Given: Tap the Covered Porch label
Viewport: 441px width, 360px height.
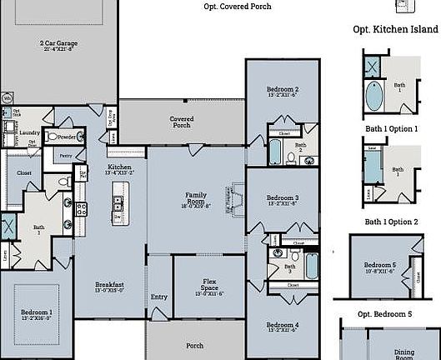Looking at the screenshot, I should click(182, 122).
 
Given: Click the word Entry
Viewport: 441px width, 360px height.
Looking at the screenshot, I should click(158, 297).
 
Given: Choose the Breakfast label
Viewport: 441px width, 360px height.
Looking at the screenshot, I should click(109, 287).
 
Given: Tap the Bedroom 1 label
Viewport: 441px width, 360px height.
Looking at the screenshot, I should click(37, 314).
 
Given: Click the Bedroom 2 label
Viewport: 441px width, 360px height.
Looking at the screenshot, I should click(283, 92).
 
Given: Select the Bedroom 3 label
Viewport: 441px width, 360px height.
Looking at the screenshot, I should click(283, 200).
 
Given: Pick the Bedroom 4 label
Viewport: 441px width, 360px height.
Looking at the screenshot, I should click(283, 327).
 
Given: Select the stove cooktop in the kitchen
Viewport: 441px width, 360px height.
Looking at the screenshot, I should click(82, 209).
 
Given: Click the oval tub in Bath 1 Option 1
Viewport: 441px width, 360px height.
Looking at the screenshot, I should click(375, 97).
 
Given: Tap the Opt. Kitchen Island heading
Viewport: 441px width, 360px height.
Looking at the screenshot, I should click(395, 29).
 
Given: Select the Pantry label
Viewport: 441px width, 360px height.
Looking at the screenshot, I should click(66, 155).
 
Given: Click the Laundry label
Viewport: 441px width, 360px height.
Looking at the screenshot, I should click(30, 132).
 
